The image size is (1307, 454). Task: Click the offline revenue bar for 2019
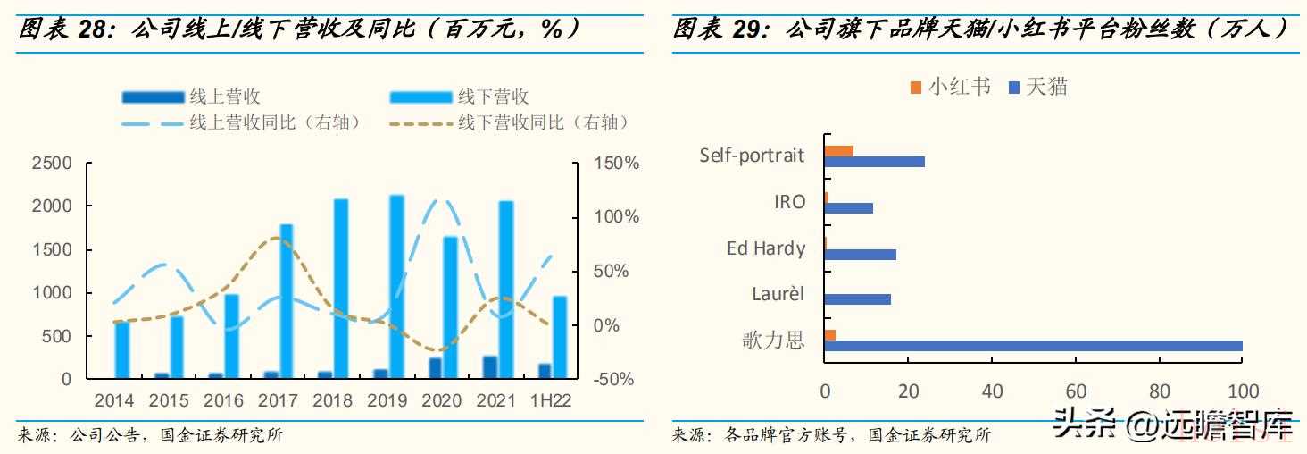396,286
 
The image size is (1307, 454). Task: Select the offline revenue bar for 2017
287,301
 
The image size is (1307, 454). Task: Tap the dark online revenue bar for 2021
490,367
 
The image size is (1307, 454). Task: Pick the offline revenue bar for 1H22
560,337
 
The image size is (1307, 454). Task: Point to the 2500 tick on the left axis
52,163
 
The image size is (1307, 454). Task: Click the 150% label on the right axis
616,163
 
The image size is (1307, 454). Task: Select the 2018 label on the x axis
332,401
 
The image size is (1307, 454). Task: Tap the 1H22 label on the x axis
550,401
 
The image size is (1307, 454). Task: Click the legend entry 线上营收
191,97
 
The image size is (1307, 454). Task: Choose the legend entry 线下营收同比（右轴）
509,122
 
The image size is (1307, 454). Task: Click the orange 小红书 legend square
915,88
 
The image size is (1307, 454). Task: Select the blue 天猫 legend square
1014,88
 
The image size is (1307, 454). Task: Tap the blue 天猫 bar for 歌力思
1033,346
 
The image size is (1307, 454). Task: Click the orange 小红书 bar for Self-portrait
839,151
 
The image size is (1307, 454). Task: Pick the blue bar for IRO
849,208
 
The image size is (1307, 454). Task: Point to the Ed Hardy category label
766,248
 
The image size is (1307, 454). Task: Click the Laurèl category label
778,294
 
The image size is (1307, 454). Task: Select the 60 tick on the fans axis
1076,391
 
